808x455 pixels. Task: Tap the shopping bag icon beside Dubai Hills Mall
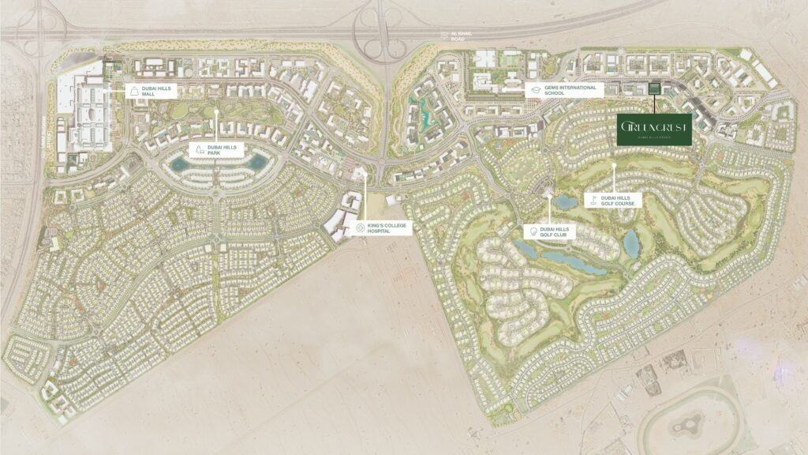(134, 92)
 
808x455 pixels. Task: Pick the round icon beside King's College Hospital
(360, 228)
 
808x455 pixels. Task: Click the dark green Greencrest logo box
(655, 130)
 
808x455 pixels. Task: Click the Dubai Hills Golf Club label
(561, 231)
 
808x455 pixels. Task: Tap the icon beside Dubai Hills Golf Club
(534, 231)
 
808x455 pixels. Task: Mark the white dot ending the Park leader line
(215, 111)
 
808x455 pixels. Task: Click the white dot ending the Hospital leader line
(365, 176)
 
